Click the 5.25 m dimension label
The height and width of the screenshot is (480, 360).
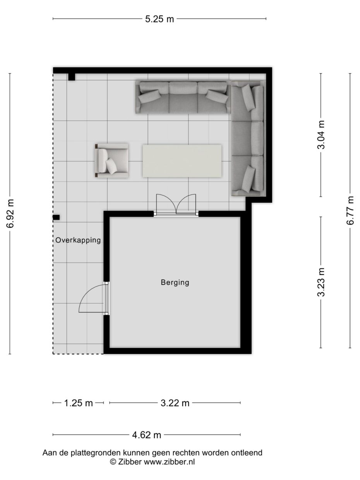tap(159, 19)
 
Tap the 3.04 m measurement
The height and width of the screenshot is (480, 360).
tap(321, 135)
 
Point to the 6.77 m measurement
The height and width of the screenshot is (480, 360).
tap(350, 210)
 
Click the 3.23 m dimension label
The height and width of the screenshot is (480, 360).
tap(321, 282)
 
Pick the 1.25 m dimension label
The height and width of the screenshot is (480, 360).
tap(78, 403)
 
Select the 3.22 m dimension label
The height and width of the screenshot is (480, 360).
tap(175, 403)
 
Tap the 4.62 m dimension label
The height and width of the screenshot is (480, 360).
tap(146, 435)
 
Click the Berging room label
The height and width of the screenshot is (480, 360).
tap(175, 283)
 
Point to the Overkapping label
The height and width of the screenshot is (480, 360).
tap(78, 240)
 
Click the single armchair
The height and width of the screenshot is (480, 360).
tap(111, 160)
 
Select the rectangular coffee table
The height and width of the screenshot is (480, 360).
tap(182, 161)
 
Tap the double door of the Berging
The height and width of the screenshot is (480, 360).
tap(176, 205)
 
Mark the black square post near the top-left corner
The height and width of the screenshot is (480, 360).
tap(72, 77)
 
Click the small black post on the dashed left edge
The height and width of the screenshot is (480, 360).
tap(57, 217)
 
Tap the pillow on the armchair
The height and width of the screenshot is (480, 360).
tap(112, 166)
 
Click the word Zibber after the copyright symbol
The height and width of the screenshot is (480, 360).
tap(130, 461)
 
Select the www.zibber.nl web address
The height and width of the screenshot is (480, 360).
tap(170, 461)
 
